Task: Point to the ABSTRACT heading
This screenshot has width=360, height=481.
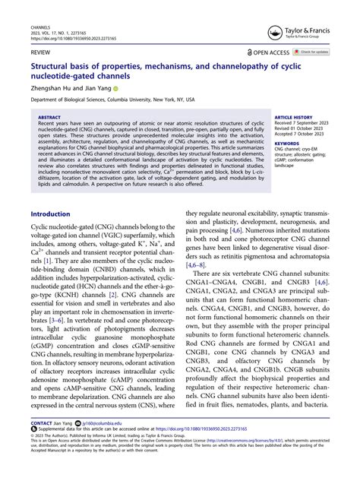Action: tap(50, 118)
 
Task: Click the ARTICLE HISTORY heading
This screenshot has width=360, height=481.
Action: tap(295, 118)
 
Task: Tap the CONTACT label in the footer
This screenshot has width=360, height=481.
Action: tap(44, 444)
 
